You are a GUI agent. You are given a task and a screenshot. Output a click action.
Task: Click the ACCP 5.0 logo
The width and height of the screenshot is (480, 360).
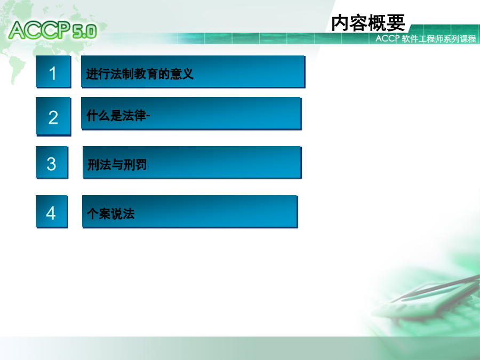pos(53,30)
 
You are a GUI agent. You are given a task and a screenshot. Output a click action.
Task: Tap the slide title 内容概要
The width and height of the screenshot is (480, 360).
pos(368,22)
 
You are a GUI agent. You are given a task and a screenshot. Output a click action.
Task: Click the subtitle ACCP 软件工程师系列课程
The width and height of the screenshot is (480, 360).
pos(426,38)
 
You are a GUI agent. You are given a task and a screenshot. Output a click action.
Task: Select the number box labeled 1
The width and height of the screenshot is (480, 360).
pos(53,71)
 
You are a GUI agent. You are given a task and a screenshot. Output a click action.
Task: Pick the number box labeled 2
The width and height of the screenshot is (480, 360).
pos(53,116)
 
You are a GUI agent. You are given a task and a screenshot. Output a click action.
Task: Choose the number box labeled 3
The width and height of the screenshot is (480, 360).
pos(52,162)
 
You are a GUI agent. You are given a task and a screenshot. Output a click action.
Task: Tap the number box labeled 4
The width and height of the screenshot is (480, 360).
pos(51,212)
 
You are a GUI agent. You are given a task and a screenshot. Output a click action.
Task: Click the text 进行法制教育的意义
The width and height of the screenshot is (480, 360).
pos(140,74)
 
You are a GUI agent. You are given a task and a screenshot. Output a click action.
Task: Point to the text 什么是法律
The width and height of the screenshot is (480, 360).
pos(116,115)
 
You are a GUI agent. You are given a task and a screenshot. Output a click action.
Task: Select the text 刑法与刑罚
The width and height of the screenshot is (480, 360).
pos(117,165)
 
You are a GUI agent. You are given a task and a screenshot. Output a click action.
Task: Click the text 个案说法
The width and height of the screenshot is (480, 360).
pos(110,214)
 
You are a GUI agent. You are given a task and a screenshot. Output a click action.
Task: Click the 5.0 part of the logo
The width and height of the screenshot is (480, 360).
pos(85,32)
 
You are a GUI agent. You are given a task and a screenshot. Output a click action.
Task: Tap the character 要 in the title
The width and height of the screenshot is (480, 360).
pos(396,22)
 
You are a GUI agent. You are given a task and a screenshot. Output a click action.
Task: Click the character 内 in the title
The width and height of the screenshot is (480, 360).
pos(341,22)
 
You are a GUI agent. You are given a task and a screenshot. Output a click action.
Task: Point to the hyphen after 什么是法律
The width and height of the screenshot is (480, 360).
pos(148,116)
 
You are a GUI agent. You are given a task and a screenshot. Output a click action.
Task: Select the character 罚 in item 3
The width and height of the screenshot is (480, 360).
pos(141,165)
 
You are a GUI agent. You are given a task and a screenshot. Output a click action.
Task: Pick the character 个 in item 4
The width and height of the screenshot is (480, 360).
pos(92,214)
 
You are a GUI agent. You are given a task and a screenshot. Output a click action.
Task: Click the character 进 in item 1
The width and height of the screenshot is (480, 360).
pos(92,74)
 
